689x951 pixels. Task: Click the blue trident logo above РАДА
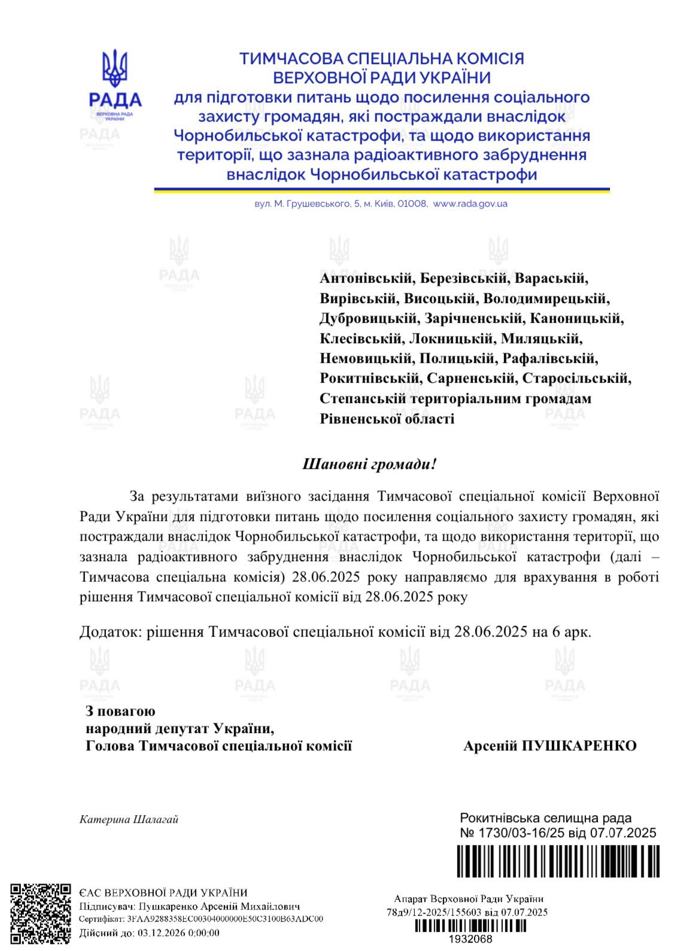pyautogui.click(x=114, y=68)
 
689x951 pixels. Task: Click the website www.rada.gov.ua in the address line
pyautogui.click(x=470, y=204)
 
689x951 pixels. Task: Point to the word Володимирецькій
pyautogui.click(x=545, y=298)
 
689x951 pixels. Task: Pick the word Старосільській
pyautogui.click(x=576, y=378)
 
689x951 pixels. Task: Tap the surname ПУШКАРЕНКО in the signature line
pyautogui.click(x=579, y=746)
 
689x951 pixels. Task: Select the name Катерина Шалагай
pyautogui.click(x=129, y=819)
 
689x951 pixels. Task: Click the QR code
pyautogui.click(x=41, y=913)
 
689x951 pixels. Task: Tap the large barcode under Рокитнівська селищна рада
pyautogui.click(x=558, y=861)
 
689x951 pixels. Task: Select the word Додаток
pyautogui.click(x=110, y=632)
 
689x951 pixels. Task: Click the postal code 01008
pyautogui.click(x=414, y=204)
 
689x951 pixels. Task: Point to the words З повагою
pyautogui.click(x=120, y=711)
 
